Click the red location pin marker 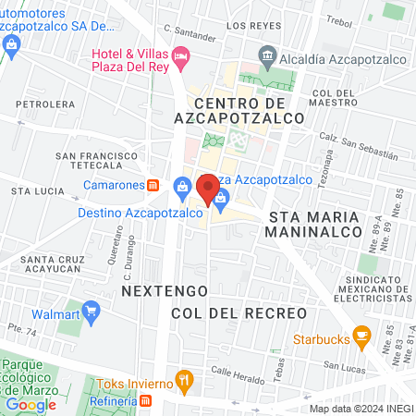pyautogui.click(x=208, y=188)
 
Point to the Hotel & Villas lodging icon pyautogui.click(x=181, y=56)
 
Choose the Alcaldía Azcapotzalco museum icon pyautogui.click(x=267, y=55)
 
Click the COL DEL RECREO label pyautogui.click(x=239, y=313)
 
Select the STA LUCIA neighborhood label pyautogui.click(x=37, y=190)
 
